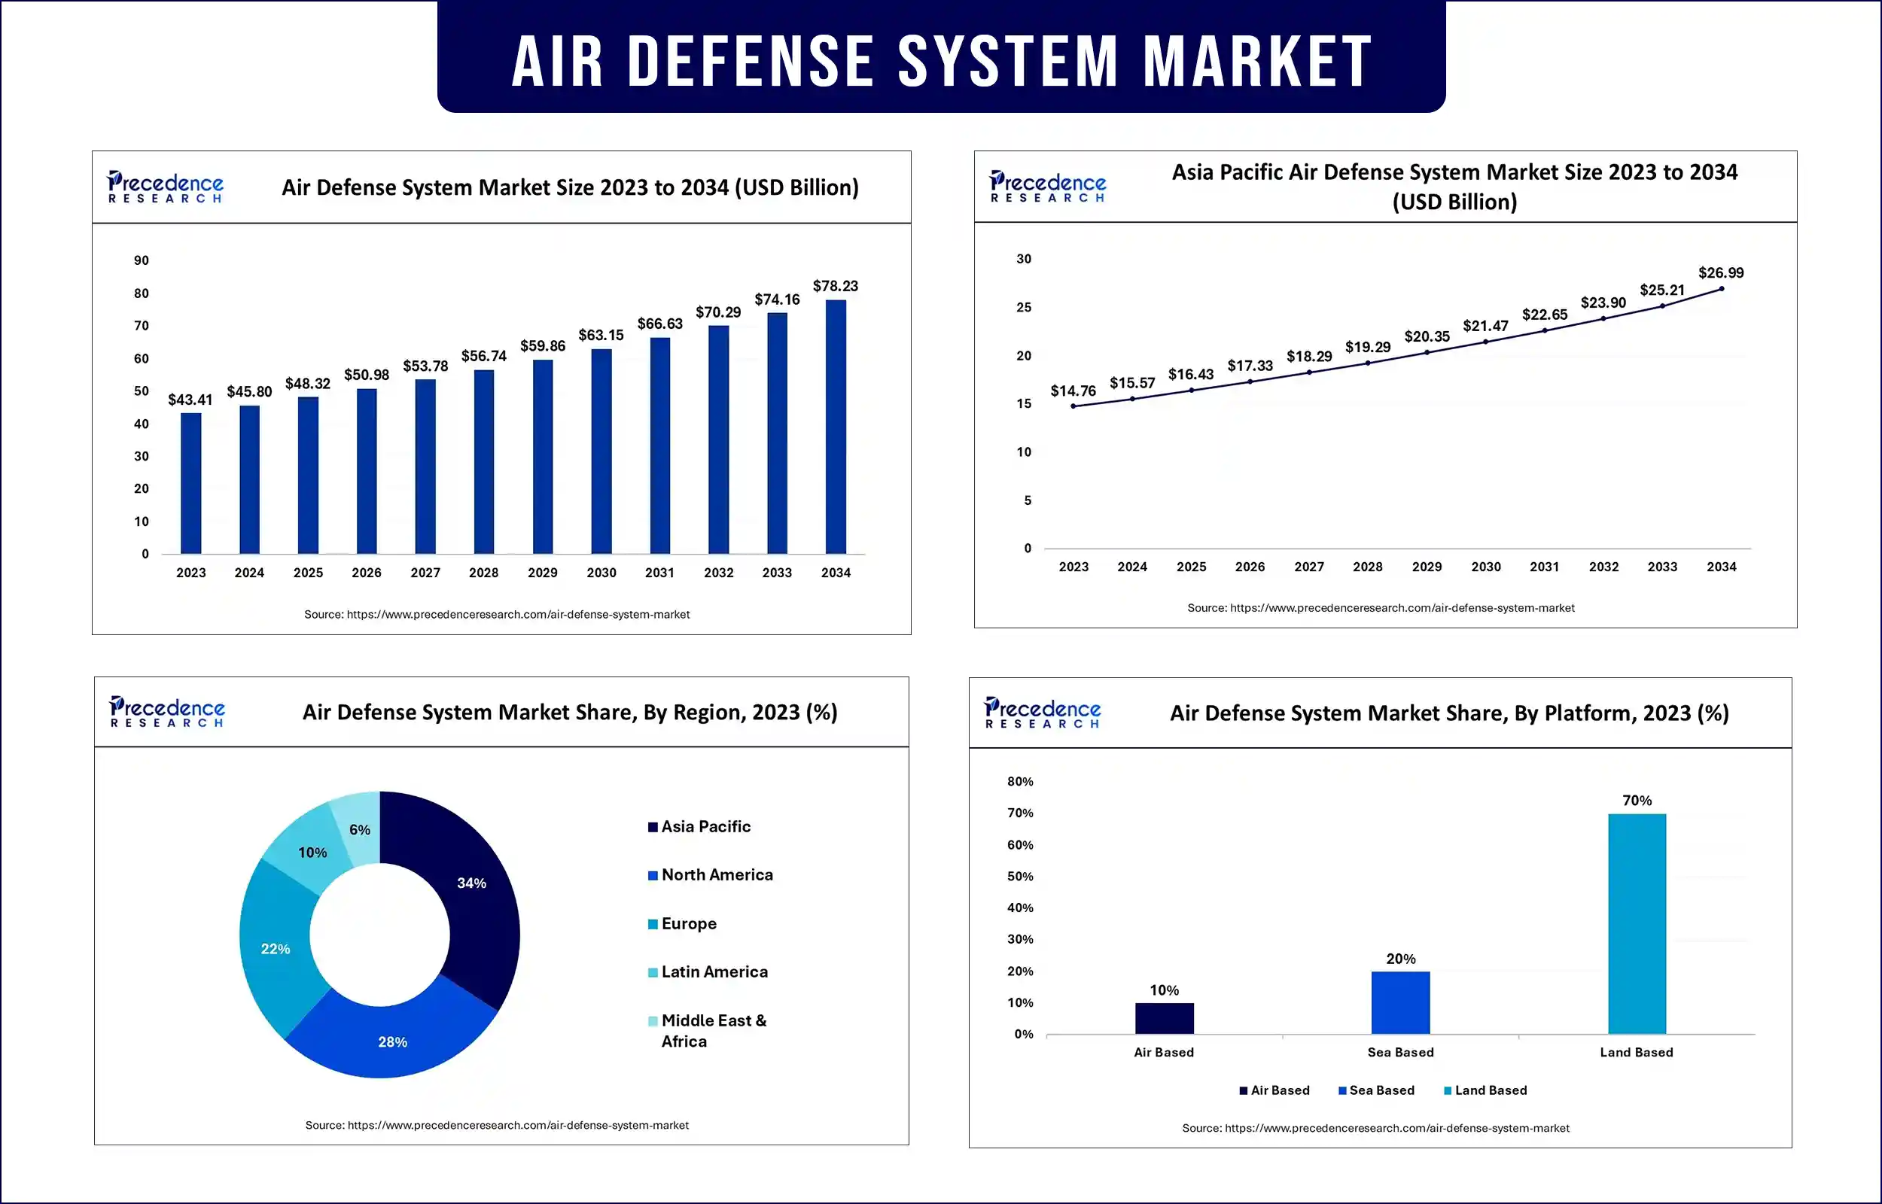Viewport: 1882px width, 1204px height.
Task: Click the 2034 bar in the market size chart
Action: [835, 427]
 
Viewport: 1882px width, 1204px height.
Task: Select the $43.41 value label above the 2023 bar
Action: [190, 400]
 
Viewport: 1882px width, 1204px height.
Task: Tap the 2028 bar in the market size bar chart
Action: [484, 461]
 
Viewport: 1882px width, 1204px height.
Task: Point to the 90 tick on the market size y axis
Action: [141, 260]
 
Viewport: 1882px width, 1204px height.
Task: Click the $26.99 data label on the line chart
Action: [1720, 273]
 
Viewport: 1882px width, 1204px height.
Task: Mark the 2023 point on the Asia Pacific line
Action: [1073, 406]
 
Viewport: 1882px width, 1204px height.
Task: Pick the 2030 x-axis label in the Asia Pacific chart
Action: [1485, 567]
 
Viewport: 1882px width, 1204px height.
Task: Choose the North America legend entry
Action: [716, 875]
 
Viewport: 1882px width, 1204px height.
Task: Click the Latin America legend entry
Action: [714, 971]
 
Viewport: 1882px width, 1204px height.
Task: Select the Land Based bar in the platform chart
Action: [1637, 924]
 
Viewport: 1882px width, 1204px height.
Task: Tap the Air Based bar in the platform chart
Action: [1165, 1019]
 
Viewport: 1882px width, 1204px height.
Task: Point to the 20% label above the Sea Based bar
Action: [1400, 959]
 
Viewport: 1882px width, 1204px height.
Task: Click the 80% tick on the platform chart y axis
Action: [1019, 782]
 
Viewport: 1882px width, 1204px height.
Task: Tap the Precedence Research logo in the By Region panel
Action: [166, 711]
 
